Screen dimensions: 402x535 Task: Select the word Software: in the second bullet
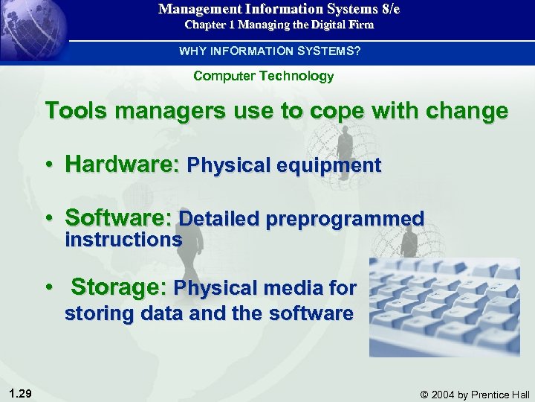(x=119, y=219)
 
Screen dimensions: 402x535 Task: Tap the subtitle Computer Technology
(x=263, y=76)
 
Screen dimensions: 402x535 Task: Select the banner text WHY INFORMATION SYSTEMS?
(x=269, y=51)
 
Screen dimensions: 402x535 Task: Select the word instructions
(x=123, y=240)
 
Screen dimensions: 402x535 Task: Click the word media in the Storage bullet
(x=293, y=287)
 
